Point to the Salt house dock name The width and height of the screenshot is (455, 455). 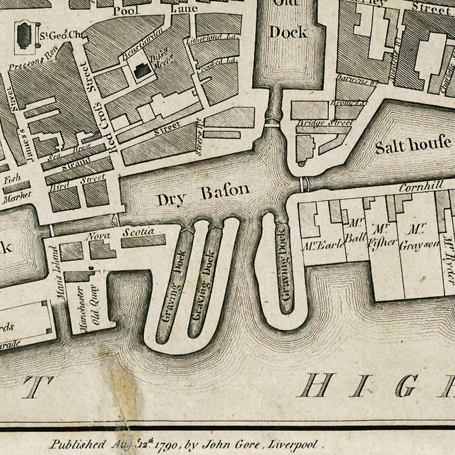coord(413,146)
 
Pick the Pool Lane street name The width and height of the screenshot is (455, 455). coord(155,9)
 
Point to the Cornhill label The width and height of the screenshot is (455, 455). coord(421,187)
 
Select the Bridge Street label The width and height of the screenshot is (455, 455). coord(324,123)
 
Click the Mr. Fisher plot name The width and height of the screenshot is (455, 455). coord(382,236)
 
